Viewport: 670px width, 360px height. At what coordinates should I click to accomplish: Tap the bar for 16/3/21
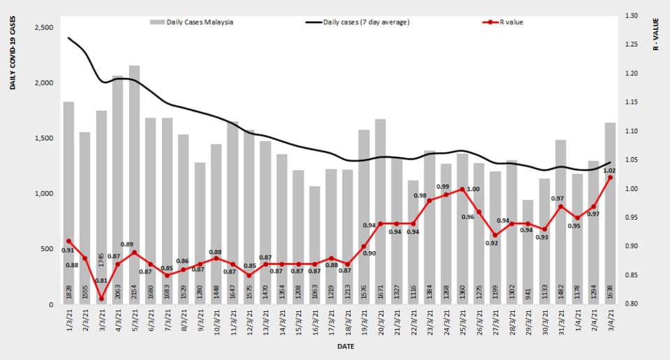[x=315, y=245]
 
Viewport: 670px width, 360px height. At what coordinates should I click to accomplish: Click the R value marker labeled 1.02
[x=610, y=177]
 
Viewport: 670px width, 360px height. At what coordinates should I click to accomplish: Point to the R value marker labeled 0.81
[x=101, y=299]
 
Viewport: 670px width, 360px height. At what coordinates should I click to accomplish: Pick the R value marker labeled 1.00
[x=462, y=189]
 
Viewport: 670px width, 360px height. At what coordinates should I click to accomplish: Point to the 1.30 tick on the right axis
[x=632, y=15]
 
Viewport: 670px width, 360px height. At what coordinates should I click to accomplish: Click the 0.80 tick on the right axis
[x=632, y=304]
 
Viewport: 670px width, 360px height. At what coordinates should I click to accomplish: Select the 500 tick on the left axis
[x=47, y=249]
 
